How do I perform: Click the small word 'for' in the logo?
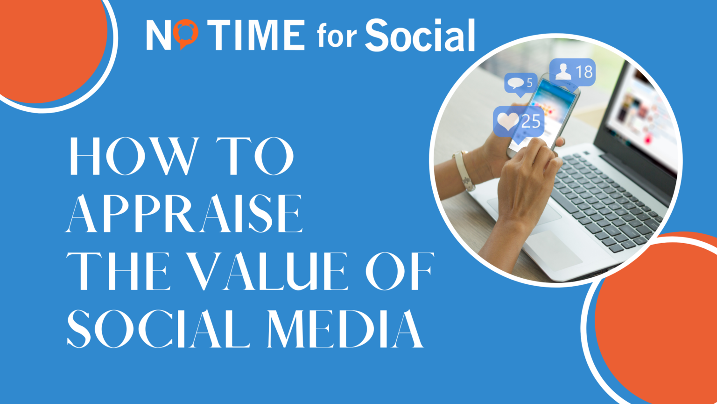pyautogui.click(x=337, y=36)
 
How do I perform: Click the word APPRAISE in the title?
pyautogui.click(x=184, y=214)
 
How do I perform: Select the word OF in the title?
pyautogui.click(x=400, y=271)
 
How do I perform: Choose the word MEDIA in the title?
pyautogui.click(x=345, y=328)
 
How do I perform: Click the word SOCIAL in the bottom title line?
pyautogui.click(x=159, y=328)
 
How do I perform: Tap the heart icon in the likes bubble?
pyautogui.click(x=507, y=122)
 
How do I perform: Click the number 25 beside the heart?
pyautogui.click(x=531, y=122)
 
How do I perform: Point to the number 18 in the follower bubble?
pyautogui.click(x=583, y=72)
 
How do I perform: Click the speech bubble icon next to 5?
pyautogui.click(x=515, y=83)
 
